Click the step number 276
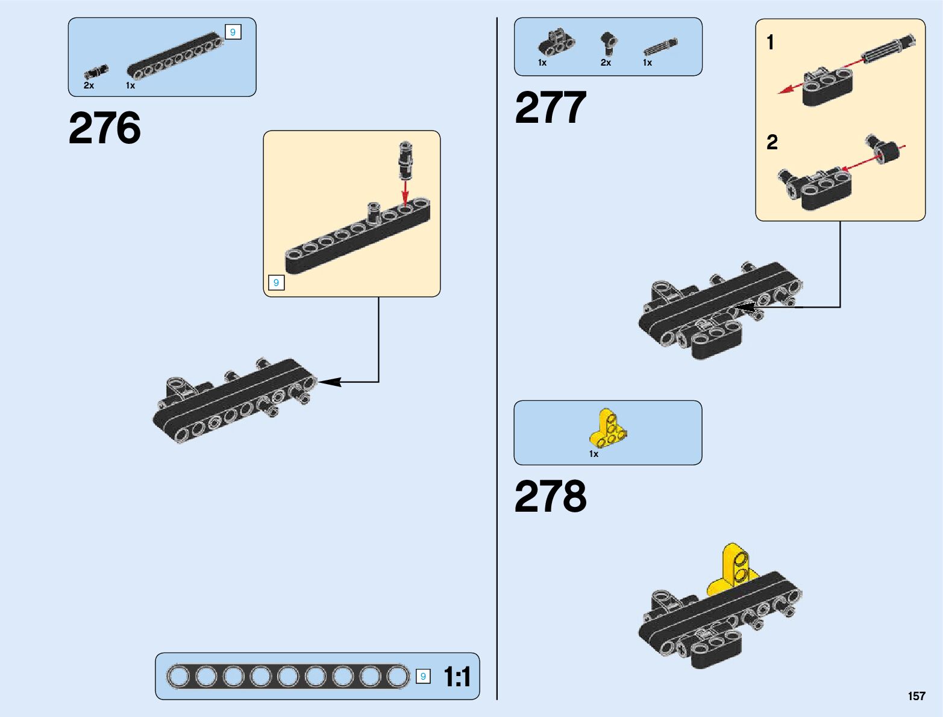[x=104, y=128]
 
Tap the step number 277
[x=550, y=108]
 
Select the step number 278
[x=550, y=497]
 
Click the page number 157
[x=916, y=696]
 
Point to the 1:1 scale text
[x=457, y=677]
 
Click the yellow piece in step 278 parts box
[x=607, y=428]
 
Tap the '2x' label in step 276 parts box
[x=89, y=85]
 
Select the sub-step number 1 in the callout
[x=770, y=43]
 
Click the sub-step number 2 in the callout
[x=772, y=143]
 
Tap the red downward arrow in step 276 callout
[x=406, y=193]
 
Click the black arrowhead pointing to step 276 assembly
[x=329, y=382]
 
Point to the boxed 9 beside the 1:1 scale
[x=423, y=677]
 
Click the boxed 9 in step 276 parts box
[x=233, y=33]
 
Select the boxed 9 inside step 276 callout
[x=276, y=282]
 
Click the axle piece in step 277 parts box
[x=660, y=47]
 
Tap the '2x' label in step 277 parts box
[x=606, y=63]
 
